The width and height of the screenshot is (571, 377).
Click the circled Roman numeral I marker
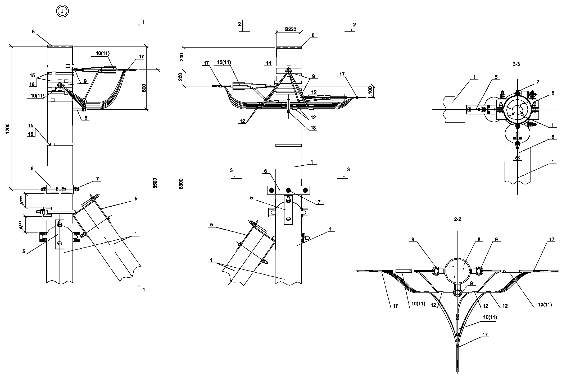point(62,11)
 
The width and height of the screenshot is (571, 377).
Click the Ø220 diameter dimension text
point(290,30)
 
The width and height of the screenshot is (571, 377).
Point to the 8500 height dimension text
point(155,183)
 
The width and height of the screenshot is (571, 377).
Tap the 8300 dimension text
point(181,184)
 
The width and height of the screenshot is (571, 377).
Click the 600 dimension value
point(144,88)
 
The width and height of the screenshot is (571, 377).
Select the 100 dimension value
point(370,90)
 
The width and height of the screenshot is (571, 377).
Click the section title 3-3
point(516,64)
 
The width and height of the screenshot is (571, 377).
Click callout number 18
point(313,128)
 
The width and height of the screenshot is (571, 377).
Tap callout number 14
point(269,63)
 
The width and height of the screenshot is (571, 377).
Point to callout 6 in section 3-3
point(553,93)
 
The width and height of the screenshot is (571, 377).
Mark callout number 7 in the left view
point(97,179)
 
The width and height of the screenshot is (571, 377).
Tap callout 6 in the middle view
point(265,171)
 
